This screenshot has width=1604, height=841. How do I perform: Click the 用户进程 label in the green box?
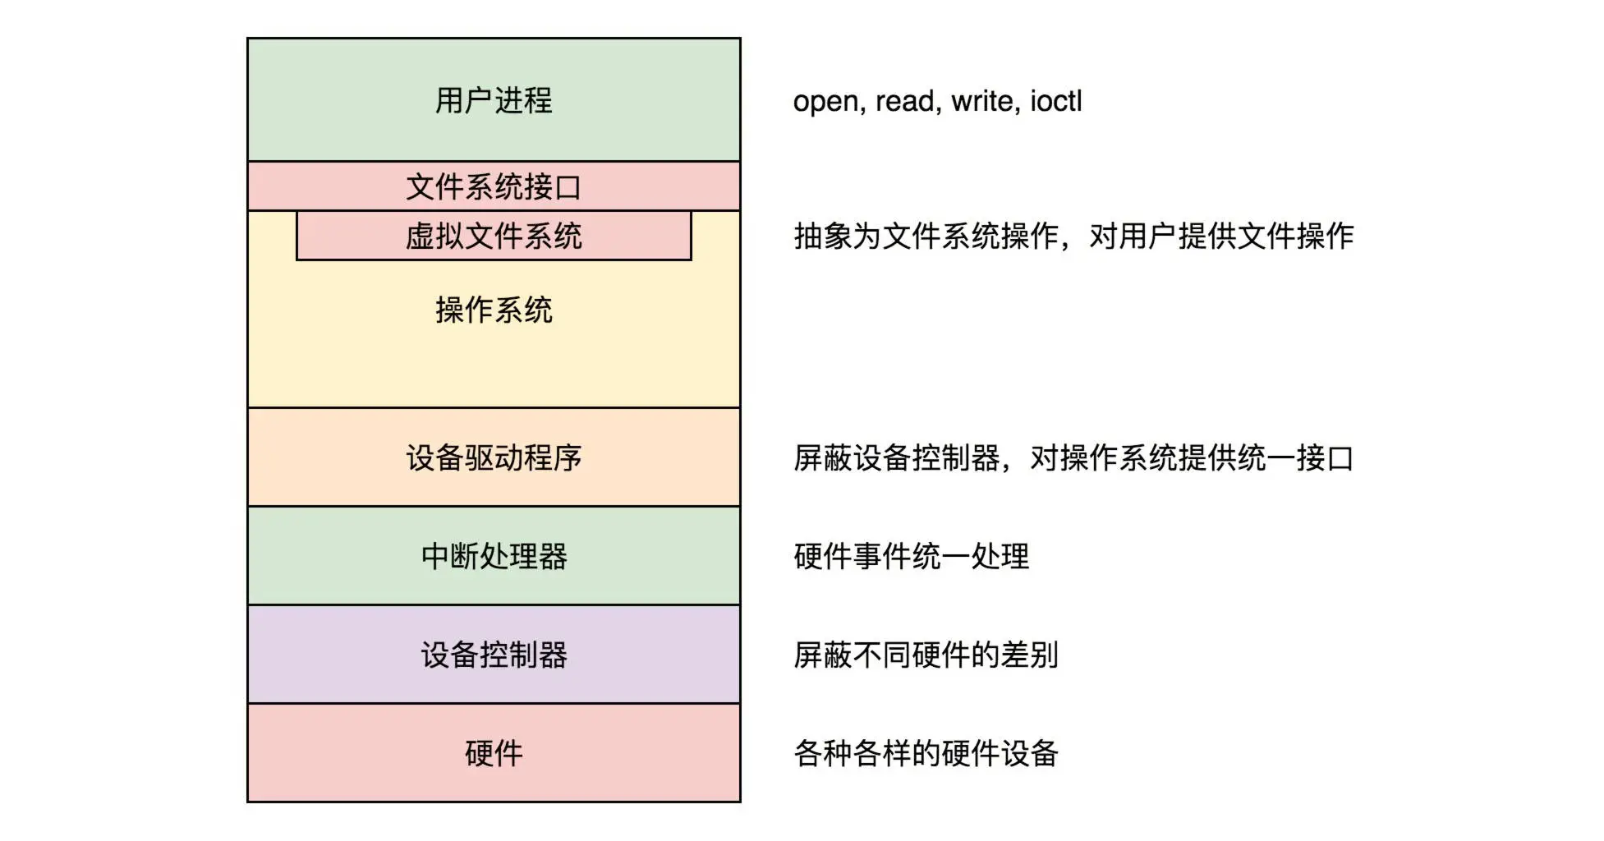pos(494,101)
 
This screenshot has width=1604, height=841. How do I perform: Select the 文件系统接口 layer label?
pos(494,187)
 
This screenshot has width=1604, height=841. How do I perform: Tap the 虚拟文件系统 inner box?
pos(494,237)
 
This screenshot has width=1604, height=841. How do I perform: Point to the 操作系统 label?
pos(494,310)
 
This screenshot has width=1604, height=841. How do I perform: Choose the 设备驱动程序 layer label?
pos(494,458)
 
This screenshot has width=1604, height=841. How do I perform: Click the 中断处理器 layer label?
pos(494,557)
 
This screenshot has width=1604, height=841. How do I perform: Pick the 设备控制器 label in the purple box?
pos(494,655)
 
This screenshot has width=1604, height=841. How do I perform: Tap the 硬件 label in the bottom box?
pos(494,753)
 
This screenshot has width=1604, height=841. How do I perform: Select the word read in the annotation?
pos(907,101)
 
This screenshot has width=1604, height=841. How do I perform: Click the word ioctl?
pos(1056,101)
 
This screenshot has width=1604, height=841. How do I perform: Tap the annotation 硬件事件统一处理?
pos(911,557)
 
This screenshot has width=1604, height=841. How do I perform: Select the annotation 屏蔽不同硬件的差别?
pos(926,655)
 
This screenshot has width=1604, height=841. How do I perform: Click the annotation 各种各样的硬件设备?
pos(926,753)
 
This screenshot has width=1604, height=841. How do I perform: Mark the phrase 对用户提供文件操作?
pos(1221,237)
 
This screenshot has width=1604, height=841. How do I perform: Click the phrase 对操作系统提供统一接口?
pos(1192,458)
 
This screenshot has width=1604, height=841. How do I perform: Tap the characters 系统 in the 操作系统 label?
pos(523,310)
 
